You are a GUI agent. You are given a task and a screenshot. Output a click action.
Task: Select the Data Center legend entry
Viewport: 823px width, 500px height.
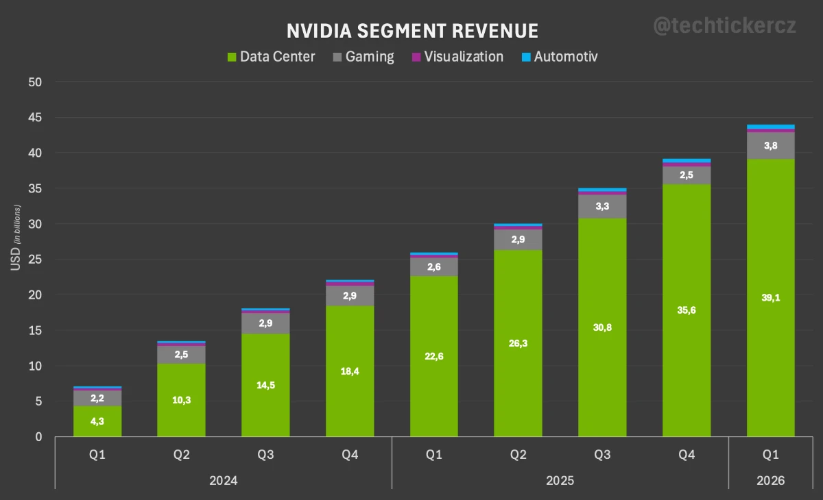(x=271, y=57)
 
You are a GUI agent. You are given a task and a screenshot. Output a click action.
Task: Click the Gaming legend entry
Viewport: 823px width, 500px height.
(x=363, y=57)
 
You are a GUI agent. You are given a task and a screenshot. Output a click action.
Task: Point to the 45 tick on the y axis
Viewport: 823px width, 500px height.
(x=34, y=118)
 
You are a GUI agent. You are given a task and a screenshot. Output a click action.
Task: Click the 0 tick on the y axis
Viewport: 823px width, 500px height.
(x=38, y=437)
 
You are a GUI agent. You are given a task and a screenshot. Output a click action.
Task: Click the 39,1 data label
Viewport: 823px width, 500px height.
(x=770, y=298)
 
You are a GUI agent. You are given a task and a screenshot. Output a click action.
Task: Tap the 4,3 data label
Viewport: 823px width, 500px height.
(x=97, y=421)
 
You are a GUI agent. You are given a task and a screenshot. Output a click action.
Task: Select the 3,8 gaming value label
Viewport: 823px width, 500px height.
(x=770, y=145)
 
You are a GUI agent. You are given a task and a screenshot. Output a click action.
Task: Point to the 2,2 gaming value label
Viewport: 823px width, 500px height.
(x=97, y=398)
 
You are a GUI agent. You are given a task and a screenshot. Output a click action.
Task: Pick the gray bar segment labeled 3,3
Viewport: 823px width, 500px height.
(x=602, y=206)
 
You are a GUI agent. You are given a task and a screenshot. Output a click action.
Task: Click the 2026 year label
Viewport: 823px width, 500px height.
(x=770, y=481)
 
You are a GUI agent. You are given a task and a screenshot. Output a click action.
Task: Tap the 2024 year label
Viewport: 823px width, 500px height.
(x=224, y=481)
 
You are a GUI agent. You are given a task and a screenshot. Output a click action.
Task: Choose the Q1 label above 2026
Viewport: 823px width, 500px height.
(x=770, y=455)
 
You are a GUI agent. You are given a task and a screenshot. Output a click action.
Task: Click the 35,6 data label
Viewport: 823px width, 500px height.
(x=686, y=310)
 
